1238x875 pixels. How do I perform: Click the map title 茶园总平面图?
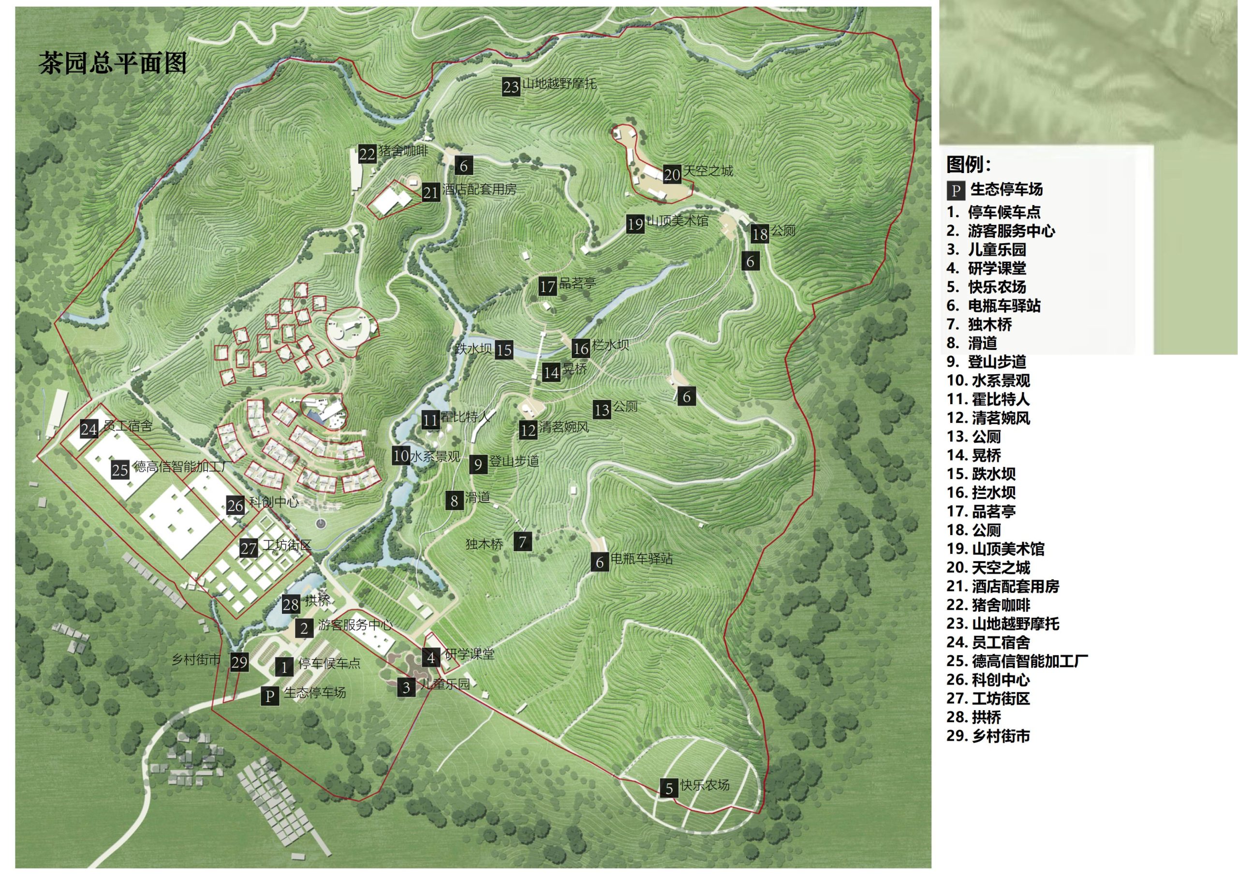coord(112,63)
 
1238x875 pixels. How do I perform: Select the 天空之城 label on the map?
coord(708,171)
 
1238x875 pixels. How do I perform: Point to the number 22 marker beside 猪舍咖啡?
coord(367,154)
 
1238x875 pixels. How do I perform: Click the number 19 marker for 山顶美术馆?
coord(635,224)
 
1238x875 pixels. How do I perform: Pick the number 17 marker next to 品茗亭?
coord(547,286)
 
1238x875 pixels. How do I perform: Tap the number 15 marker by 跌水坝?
coord(503,350)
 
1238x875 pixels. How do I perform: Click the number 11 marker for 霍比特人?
coord(430,420)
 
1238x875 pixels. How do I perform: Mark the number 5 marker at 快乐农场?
coord(669,788)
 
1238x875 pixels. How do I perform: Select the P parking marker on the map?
coord(269,696)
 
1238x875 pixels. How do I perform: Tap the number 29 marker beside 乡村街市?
coord(239,662)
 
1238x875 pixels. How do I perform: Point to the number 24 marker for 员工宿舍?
coord(89,429)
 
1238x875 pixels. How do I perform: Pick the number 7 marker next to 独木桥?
coord(522,542)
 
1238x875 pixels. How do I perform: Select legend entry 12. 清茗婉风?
coord(988,418)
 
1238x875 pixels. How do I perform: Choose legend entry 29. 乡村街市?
coord(988,736)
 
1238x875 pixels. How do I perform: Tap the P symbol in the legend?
coord(956,190)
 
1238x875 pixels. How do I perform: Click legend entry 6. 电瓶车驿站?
coord(993,306)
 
